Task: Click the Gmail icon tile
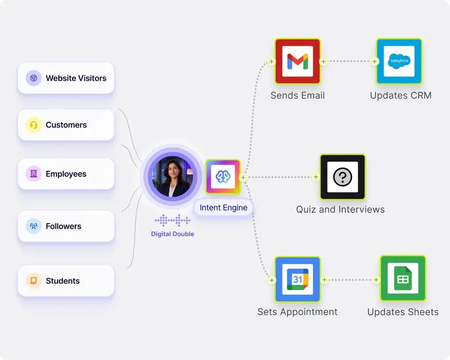pyautogui.click(x=298, y=61)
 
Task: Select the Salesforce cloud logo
pyautogui.click(x=399, y=61)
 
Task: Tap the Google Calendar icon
pyautogui.click(x=298, y=279)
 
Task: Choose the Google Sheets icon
pyautogui.click(x=403, y=278)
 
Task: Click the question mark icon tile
pyautogui.click(x=343, y=177)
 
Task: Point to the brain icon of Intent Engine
pyautogui.click(x=223, y=177)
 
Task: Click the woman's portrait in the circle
pyautogui.click(x=172, y=177)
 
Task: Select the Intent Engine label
pyautogui.click(x=224, y=207)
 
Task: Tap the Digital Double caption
pyautogui.click(x=172, y=234)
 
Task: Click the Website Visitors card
pyautogui.click(x=66, y=78)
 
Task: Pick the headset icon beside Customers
pyautogui.click(x=33, y=125)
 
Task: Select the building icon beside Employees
pyautogui.click(x=33, y=174)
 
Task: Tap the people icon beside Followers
pyautogui.click(x=33, y=226)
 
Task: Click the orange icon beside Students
pyautogui.click(x=33, y=281)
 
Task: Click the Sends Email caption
pyautogui.click(x=298, y=95)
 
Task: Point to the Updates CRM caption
pyautogui.click(x=401, y=95)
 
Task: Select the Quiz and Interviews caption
pyautogui.click(x=341, y=210)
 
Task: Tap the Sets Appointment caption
pyautogui.click(x=298, y=312)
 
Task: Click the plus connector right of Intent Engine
pyautogui.click(x=243, y=178)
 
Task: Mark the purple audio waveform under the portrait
pyautogui.click(x=172, y=221)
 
